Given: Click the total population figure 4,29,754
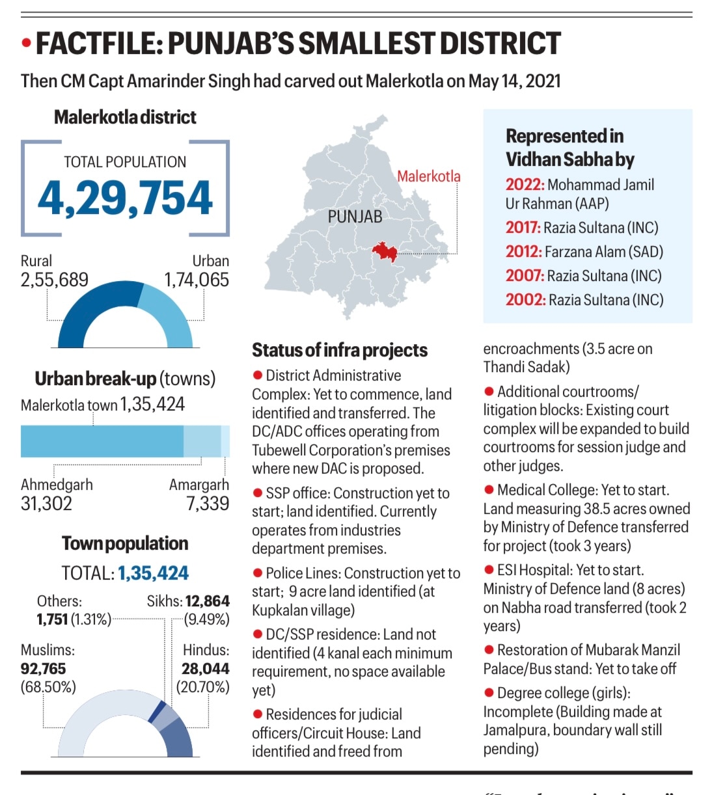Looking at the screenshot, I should coord(125,198).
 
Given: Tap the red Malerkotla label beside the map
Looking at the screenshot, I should coord(428,176).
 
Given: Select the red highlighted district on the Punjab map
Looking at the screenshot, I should coord(384,251).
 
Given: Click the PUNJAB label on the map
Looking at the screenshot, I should coord(355,217).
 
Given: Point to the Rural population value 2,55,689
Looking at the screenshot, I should coord(55,280).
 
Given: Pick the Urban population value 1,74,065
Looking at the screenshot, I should coord(197,280).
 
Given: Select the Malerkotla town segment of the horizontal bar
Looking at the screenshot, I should coord(102,440).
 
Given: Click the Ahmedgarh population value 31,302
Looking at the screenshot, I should coord(46,503).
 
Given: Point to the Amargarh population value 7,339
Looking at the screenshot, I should coord(208,503).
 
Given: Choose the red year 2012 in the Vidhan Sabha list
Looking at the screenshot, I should coord(524,252).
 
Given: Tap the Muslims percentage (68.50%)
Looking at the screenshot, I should coord(48,686).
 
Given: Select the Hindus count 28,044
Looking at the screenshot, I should coord(205,668).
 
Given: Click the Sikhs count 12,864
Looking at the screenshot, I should coord(207,601).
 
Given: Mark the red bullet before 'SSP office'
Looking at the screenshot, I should coord(258,493).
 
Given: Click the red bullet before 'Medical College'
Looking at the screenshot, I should coord(489,490).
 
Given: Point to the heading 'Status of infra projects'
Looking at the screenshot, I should coord(340,350).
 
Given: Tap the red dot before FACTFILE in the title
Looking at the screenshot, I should coord(27,44).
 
